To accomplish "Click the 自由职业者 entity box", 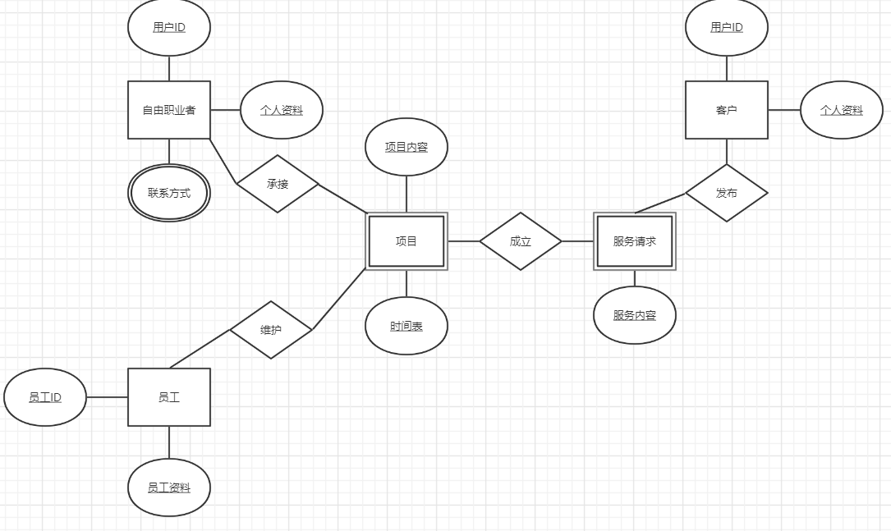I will (169, 110).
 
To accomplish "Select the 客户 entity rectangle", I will (726, 110).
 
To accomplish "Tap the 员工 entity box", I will (169, 397).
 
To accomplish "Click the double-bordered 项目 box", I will (406, 241).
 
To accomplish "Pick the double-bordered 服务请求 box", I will (634, 241).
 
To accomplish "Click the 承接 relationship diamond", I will (278, 184).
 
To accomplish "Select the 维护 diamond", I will (271, 330).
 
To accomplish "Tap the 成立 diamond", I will (521, 241).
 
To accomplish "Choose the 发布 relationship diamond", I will (726, 193).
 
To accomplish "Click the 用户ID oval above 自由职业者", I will (169, 27).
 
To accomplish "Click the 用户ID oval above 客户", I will (726, 27).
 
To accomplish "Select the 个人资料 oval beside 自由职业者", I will (282, 110).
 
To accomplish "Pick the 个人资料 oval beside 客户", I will (842, 110).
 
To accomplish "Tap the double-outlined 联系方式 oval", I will (169, 193).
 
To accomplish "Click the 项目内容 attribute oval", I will (406, 147).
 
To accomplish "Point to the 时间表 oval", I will (406, 326).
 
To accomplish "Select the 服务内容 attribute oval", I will (634, 315).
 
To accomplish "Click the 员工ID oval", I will (45, 397).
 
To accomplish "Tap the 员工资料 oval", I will (169, 488).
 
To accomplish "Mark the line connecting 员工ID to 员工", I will (107, 397).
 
